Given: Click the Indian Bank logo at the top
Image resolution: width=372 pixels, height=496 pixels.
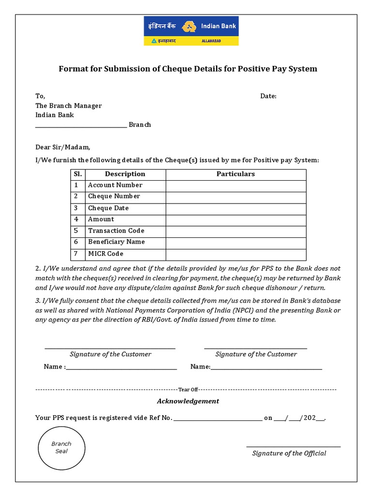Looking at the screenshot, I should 191,31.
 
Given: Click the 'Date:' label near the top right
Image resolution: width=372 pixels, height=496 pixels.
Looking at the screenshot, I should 268,96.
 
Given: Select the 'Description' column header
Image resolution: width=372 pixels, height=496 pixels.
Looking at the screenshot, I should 125,174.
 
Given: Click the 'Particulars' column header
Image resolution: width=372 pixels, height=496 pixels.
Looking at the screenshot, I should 235,174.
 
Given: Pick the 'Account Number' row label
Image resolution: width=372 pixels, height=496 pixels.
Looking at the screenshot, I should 115,185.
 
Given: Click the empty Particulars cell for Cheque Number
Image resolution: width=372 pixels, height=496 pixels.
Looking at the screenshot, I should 235,197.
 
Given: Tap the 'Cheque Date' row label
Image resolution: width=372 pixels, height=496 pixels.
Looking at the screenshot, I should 108,208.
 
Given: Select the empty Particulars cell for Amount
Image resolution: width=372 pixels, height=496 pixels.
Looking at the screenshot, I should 235,219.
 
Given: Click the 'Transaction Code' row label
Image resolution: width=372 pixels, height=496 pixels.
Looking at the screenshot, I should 116,231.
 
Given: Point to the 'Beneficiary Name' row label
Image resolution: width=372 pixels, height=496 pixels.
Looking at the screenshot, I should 116,242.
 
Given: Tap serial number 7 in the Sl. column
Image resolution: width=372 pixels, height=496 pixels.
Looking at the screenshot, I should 76,254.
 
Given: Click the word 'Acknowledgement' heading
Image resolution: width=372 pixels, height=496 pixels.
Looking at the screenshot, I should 188,401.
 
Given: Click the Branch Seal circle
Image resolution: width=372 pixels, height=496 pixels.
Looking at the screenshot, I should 61,447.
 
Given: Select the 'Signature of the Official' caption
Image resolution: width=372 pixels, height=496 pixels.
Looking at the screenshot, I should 289,453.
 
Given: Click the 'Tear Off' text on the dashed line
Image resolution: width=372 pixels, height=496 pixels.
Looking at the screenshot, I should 188,389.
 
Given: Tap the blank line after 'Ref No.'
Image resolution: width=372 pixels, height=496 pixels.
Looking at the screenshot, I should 217,419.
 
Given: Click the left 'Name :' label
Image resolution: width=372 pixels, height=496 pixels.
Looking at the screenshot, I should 54,367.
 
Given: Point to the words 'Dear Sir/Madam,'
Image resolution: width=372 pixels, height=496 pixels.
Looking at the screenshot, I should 63,147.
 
